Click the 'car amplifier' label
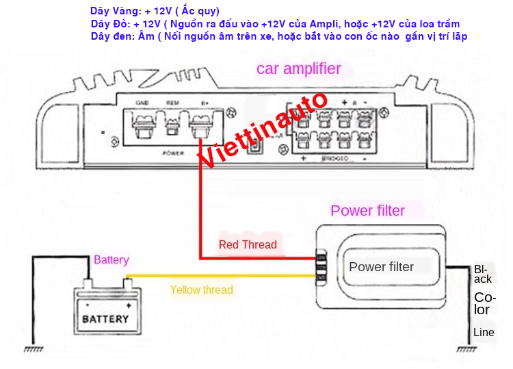point(298,68)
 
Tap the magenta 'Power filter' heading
point(367,211)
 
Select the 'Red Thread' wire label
point(248,244)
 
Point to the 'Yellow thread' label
point(201,290)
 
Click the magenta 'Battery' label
point(111,260)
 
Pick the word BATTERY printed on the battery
point(105,319)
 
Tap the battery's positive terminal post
point(128,283)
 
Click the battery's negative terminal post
point(87,283)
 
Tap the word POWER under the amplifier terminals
point(174,153)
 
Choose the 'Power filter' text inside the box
point(381,267)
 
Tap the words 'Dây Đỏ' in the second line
point(109,24)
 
